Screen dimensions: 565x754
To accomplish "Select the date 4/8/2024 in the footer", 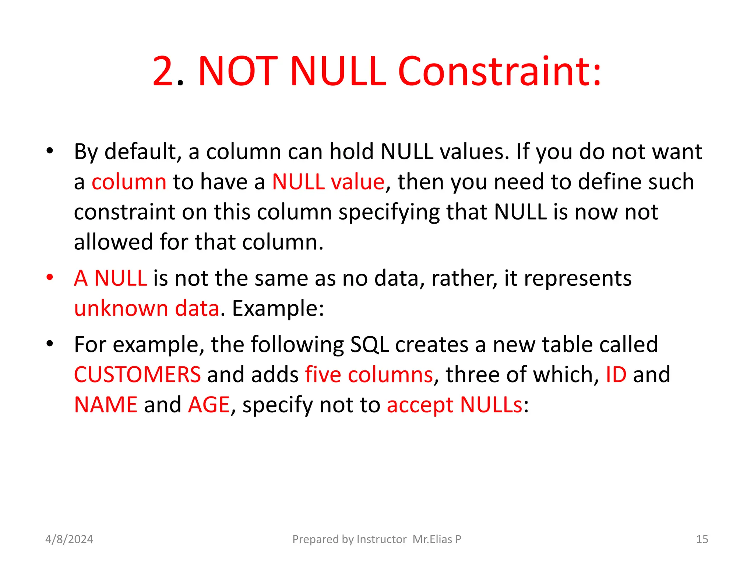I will (69, 539).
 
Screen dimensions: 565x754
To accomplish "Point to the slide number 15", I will (702, 539).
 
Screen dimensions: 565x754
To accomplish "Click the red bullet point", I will (50, 278).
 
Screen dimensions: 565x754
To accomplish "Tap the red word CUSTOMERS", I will (137, 375).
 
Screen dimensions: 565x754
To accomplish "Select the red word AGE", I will (209, 405).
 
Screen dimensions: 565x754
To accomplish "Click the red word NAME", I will (106, 405).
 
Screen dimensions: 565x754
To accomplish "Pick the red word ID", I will (616, 375).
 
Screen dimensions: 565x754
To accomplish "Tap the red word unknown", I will (121, 308).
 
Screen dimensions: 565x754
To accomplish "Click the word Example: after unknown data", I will (278, 308).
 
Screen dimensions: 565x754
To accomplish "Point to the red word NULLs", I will (491, 405).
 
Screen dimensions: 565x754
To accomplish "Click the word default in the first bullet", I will (143, 152).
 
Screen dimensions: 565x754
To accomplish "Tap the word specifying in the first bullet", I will (389, 213).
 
